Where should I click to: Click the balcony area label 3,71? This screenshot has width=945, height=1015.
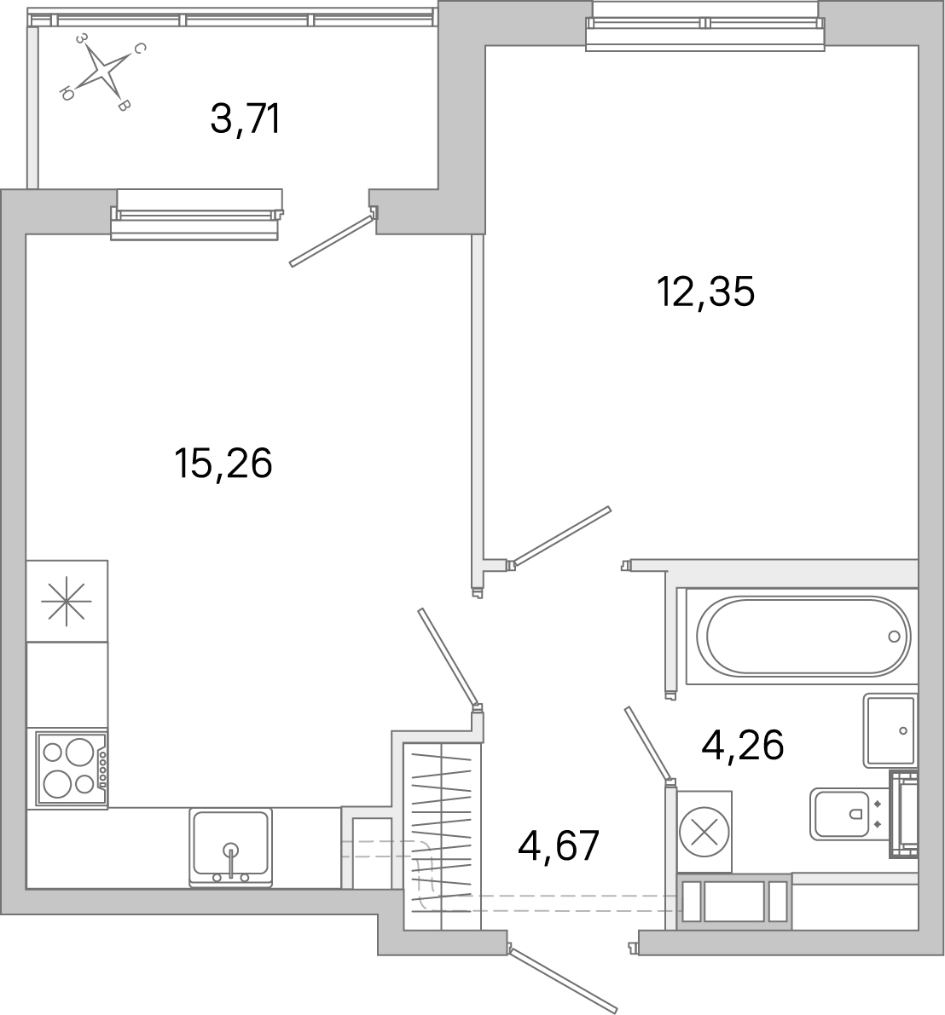click(x=245, y=119)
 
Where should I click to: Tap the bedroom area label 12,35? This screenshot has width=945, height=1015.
click(x=705, y=292)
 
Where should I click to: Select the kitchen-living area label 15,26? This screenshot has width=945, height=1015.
click(x=223, y=464)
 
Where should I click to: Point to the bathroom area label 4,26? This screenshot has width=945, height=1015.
click(x=742, y=746)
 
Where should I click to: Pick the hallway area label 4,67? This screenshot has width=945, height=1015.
click(x=559, y=846)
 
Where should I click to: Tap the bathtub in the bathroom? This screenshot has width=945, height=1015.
click(x=803, y=636)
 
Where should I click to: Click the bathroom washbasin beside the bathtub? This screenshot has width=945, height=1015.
click(x=890, y=730)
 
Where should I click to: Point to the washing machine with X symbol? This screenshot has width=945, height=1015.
click(x=704, y=831)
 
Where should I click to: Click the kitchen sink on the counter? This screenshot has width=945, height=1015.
click(x=230, y=846)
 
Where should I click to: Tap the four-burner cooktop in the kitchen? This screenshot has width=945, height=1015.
click(x=72, y=768)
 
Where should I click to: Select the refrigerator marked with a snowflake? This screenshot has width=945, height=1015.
click(x=67, y=601)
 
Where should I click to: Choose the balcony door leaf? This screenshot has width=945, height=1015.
click(x=332, y=241)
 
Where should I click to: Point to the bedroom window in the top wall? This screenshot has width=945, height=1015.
click(x=705, y=25)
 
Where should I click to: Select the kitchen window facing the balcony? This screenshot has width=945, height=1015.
click(x=196, y=213)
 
